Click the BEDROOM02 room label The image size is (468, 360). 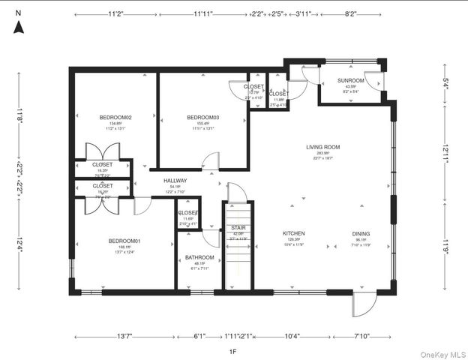pos(115,118)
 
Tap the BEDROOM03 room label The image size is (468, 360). pos(202,118)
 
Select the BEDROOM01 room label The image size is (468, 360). pos(124,241)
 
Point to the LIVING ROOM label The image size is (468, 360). pos(323,147)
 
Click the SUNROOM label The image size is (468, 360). pos(350,80)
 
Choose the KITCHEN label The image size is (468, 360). pos(293,233)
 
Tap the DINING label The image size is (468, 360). pos(361,233)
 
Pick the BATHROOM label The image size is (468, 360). pos(199,258)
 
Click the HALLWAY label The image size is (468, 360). pos(175,181)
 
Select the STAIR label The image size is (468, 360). pos(238,227)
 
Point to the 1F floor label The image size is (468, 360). pos(232,350)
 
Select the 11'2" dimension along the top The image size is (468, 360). pos(115,13)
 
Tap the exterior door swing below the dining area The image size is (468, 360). pos(361,304)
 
